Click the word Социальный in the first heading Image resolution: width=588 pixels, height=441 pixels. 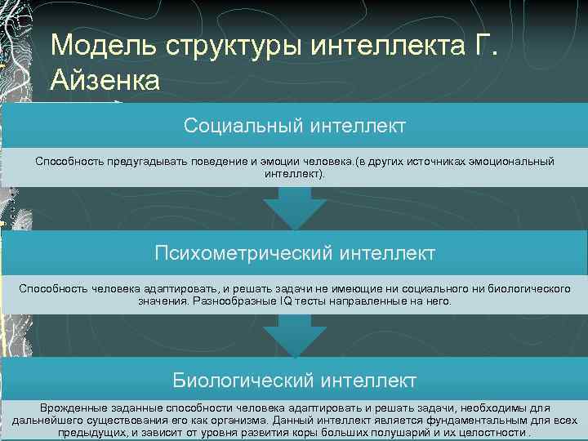[243, 126]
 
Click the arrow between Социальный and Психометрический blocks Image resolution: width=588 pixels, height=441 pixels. [294, 209]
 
